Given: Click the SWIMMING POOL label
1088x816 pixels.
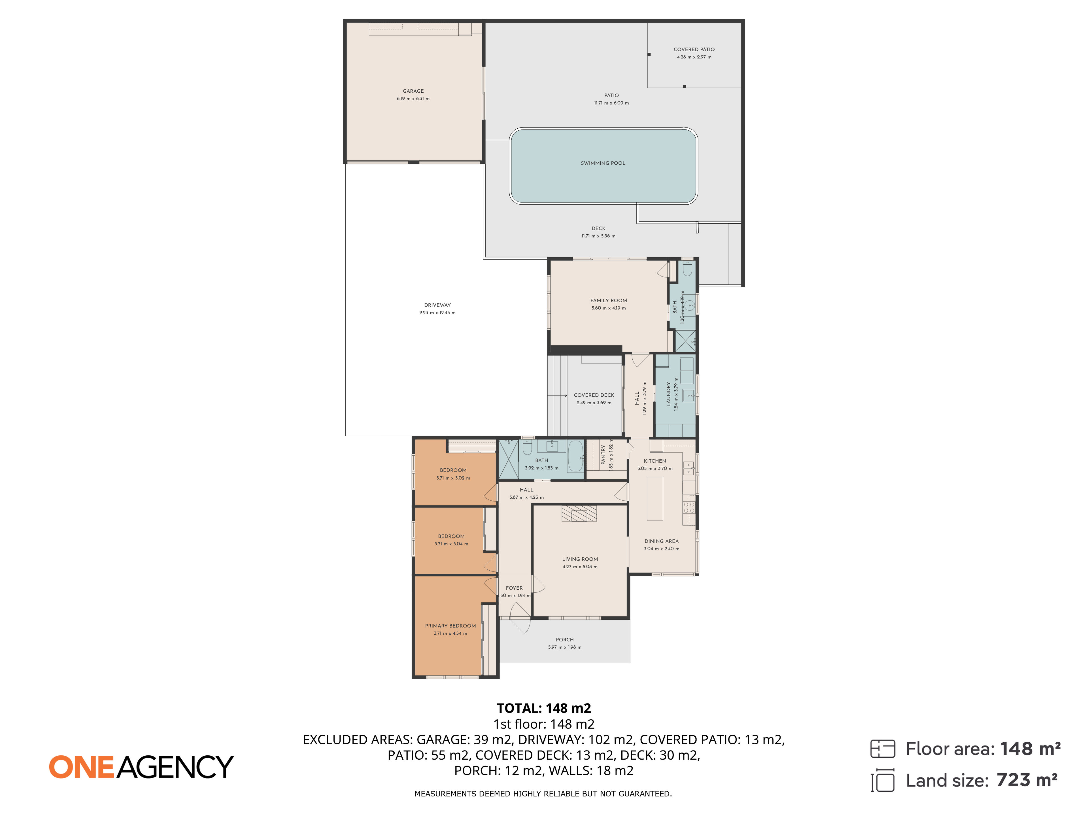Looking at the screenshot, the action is tap(603, 163).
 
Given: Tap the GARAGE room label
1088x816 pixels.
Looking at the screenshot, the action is tap(413, 91).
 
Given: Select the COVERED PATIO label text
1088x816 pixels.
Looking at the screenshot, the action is tap(694, 50).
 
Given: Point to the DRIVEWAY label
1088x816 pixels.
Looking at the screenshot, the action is tap(437, 305).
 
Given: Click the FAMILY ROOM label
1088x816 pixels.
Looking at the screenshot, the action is tap(608, 301).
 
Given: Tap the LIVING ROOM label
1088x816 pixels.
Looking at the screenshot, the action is tap(580, 559).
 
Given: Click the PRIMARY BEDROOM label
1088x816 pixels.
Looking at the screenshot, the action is tap(450, 626).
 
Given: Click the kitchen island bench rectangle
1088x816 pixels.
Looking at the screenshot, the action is tap(655, 498).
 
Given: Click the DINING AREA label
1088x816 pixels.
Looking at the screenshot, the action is tap(662, 541).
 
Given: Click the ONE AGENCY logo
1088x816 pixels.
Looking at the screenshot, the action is tap(141, 767).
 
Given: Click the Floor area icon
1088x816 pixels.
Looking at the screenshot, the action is tap(882, 749).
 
